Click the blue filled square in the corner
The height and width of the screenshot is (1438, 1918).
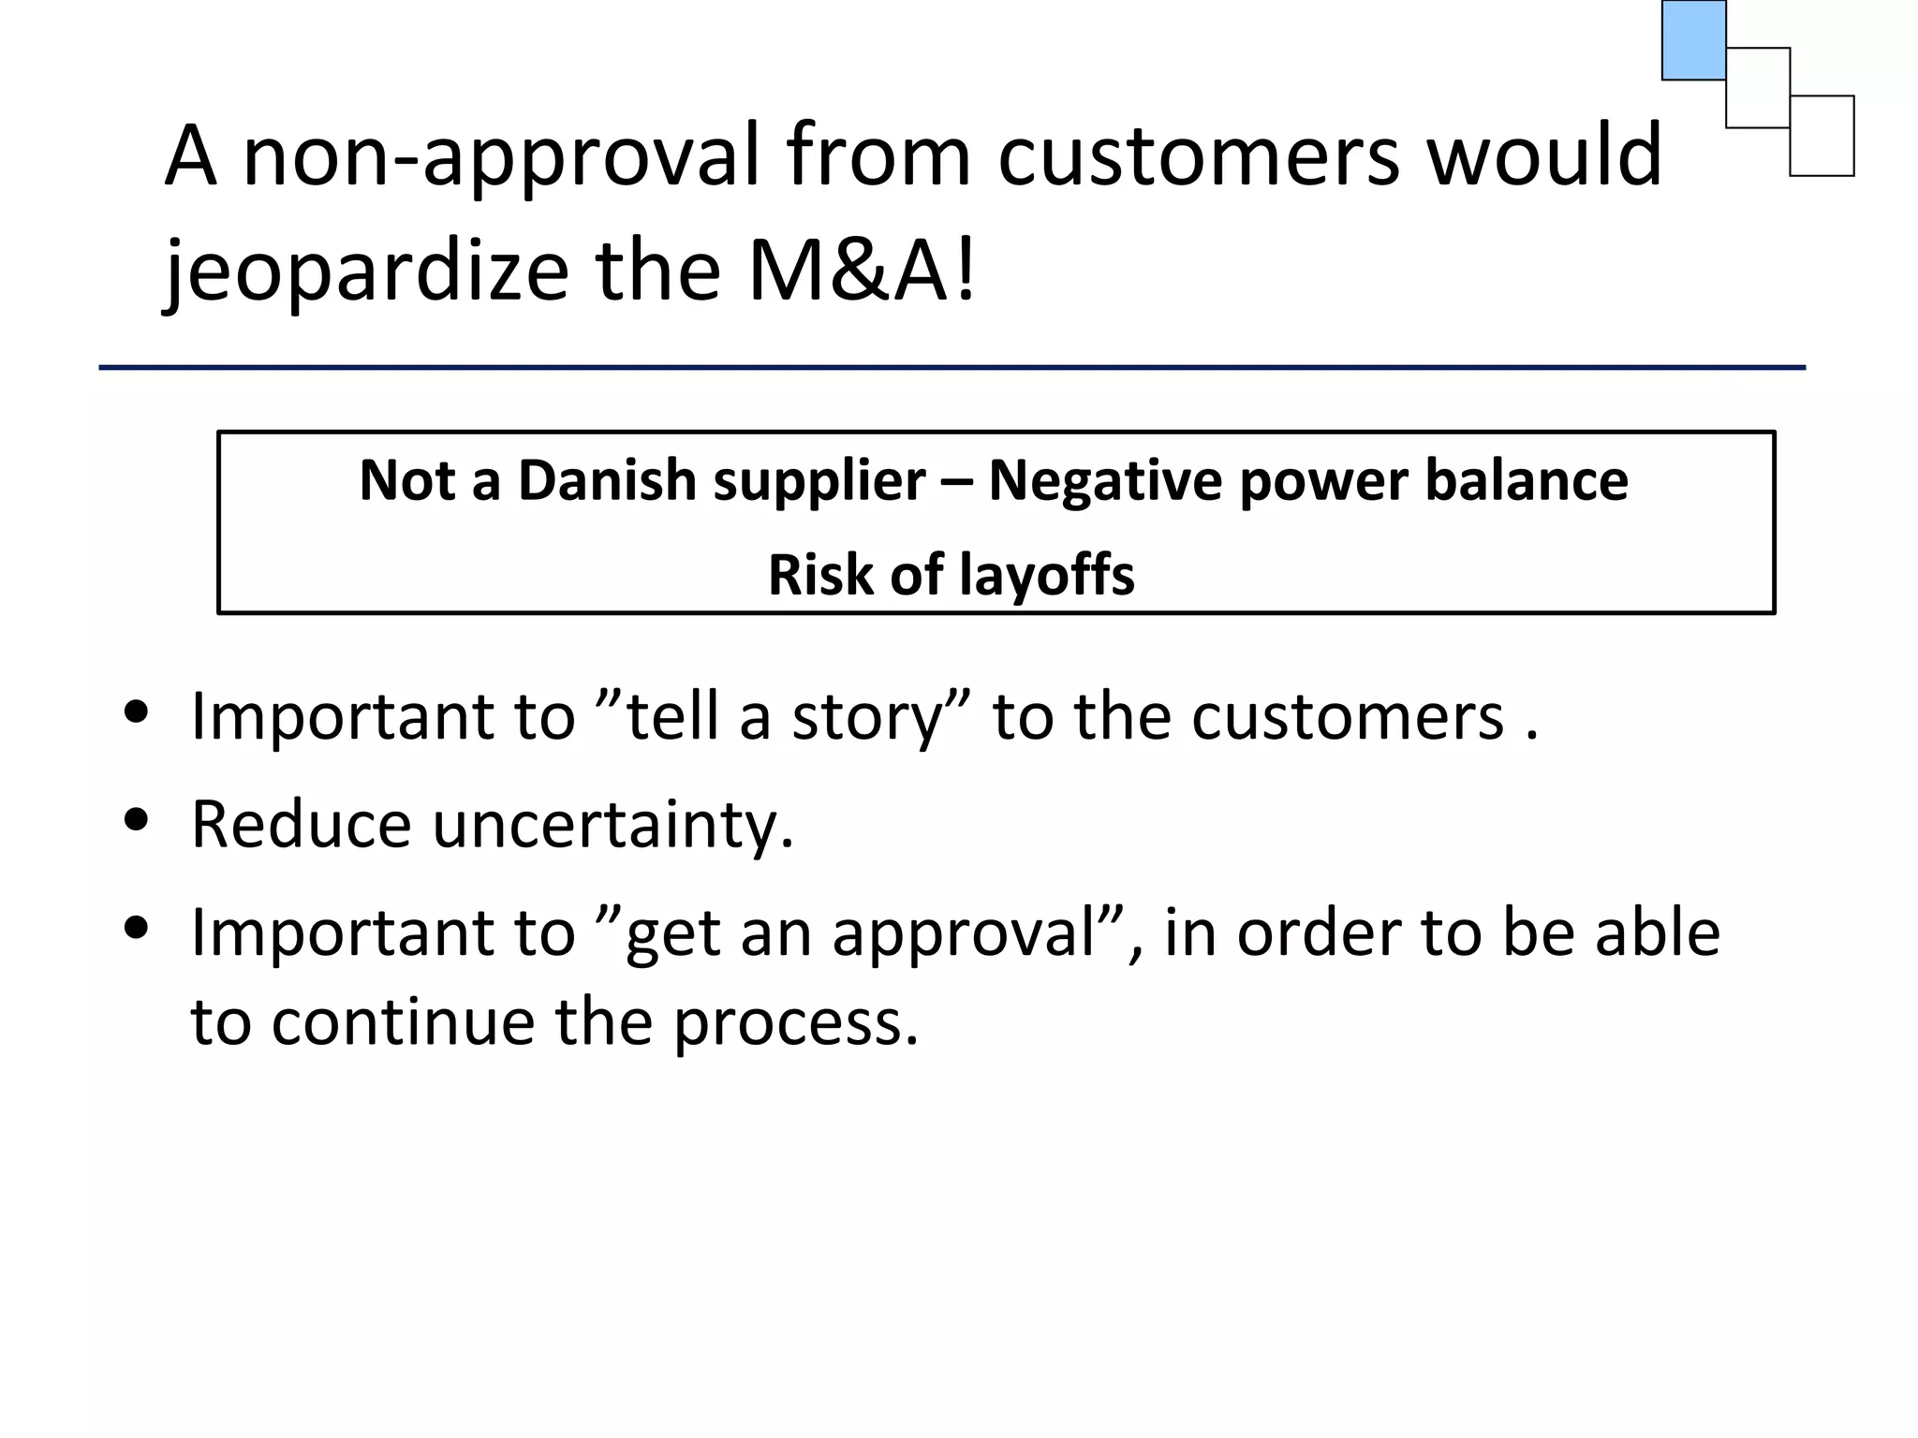[1693, 40]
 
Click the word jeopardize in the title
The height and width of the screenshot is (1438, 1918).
[366, 271]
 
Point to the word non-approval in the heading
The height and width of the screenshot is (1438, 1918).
[501, 157]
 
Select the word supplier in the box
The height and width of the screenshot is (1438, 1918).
[819, 482]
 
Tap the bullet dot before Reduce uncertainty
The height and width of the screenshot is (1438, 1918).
[137, 820]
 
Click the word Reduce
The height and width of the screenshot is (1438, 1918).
[301, 824]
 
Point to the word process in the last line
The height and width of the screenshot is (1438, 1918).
[796, 1022]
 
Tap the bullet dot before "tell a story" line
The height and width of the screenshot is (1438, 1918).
[137, 712]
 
